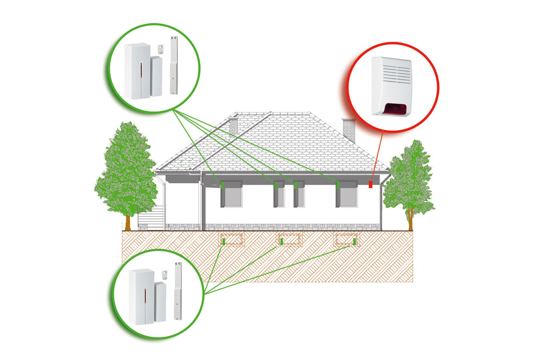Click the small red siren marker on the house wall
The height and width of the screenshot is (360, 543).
[x=371, y=185]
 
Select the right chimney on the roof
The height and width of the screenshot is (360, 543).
[x=347, y=128]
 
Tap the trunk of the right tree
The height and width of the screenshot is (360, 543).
[x=411, y=220]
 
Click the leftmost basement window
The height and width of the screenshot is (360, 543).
[x=231, y=240]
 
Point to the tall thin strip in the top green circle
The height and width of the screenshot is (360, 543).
[x=174, y=65]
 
